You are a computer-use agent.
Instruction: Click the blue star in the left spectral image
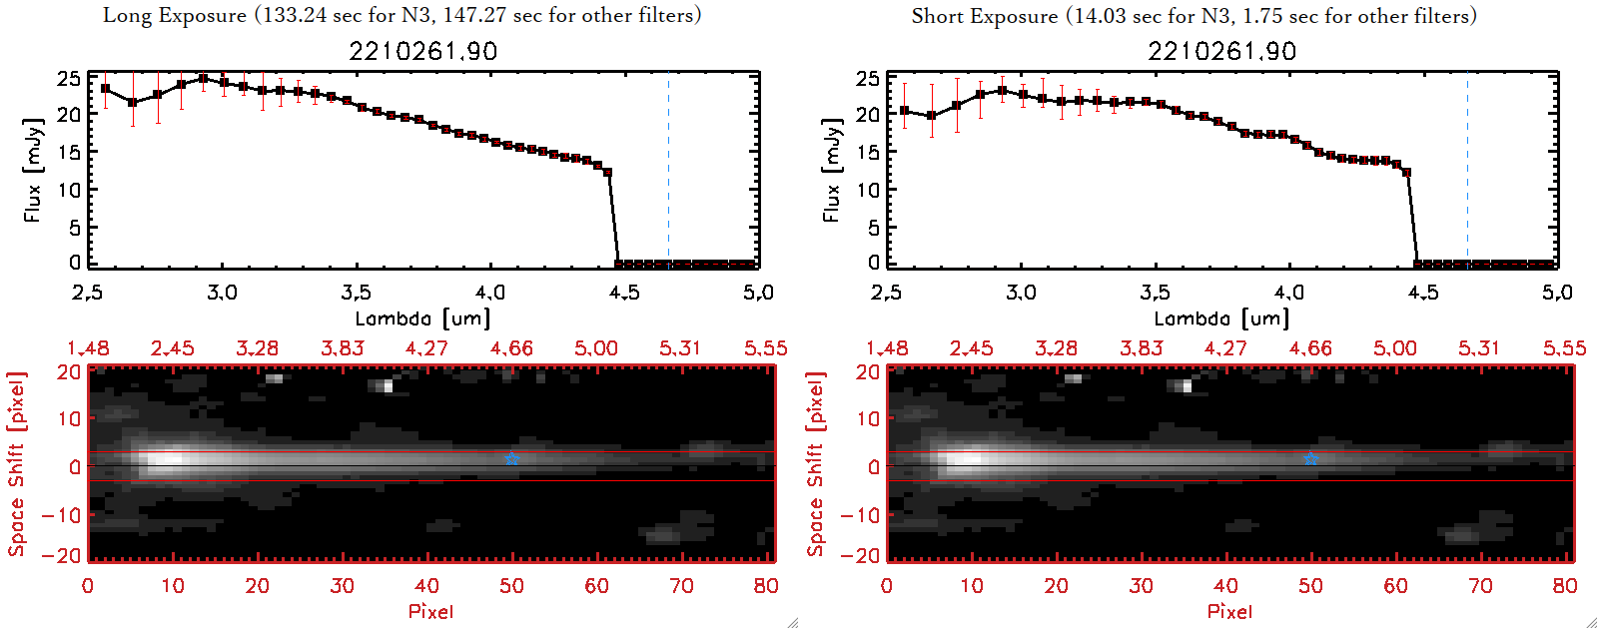(511, 458)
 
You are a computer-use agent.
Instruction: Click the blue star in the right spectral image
(1310, 458)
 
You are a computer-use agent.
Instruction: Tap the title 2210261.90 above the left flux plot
(422, 51)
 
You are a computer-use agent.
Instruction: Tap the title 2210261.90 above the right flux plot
(1221, 51)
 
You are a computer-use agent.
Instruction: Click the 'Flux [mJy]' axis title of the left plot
(33, 170)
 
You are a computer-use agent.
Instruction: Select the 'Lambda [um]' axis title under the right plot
(1221, 318)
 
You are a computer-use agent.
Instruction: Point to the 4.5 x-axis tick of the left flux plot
(624, 293)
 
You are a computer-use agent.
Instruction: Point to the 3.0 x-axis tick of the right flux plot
(1021, 293)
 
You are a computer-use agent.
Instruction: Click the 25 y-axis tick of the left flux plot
(69, 78)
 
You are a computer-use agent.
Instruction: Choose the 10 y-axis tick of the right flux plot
(868, 190)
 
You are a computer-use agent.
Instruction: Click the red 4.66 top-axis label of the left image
(511, 348)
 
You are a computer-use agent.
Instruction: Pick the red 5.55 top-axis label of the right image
(1564, 348)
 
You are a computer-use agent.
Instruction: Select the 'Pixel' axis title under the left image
(430, 611)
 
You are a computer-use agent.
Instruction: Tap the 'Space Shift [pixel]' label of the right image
(816, 464)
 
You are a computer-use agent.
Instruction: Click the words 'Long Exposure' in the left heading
(175, 15)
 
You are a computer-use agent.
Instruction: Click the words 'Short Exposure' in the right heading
(985, 16)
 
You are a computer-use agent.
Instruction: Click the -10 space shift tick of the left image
(61, 515)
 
